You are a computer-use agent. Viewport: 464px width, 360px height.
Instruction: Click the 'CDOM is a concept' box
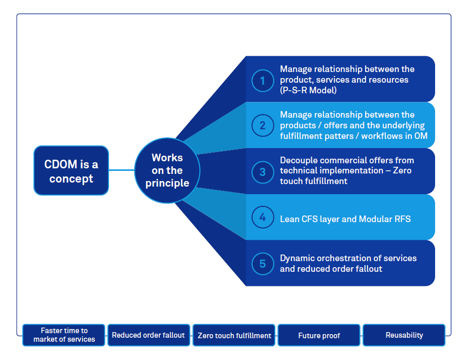(x=71, y=171)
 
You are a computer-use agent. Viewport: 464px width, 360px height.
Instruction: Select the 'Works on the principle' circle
(x=167, y=170)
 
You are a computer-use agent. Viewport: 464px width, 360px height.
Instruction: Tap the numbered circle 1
(x=262, y=80)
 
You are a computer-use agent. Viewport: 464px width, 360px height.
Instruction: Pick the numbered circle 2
(x=262, y=125)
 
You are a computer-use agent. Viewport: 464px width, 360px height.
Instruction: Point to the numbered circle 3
(x=262, y=171)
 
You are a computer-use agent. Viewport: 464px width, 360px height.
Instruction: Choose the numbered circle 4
(x=262, y=217)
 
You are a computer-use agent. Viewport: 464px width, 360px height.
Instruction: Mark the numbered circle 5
(x=262, y=263)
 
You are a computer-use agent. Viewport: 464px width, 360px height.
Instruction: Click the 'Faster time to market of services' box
(x=64, y=335)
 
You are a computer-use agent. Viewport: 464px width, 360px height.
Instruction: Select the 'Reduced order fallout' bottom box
(x=149, y=335)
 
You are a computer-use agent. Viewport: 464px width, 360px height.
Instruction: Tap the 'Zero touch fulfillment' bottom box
(x=234, y=335)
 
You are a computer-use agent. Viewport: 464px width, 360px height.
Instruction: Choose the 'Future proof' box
(x=319, y=335)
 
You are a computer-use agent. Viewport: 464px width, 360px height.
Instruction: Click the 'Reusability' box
(x=404, y=335)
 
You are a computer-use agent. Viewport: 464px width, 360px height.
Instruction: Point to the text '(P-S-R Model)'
(x=308, y=91)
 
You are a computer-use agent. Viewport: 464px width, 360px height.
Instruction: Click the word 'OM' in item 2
(x=420, y=136)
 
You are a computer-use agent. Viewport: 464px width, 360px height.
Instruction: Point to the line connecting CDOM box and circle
(x=122, y=170)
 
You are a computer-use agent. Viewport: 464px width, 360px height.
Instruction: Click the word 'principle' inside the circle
(x=167, y=183)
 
